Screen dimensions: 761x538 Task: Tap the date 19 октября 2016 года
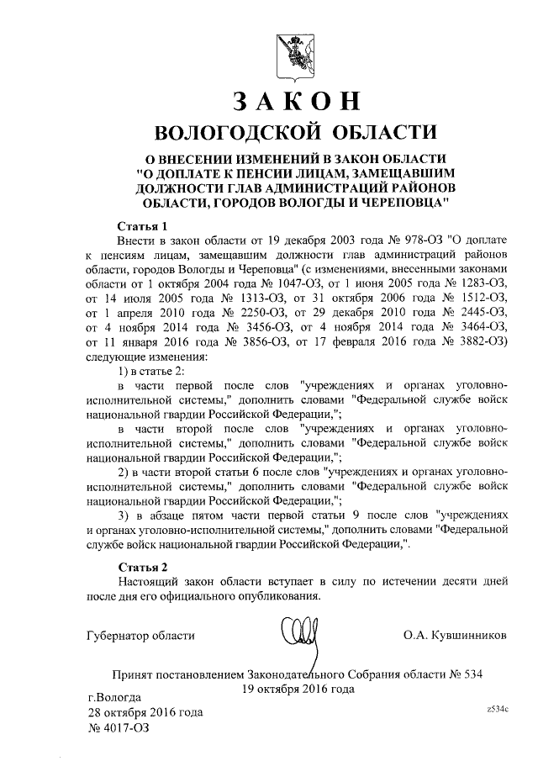pyautogui.click(x=297, y=689)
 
